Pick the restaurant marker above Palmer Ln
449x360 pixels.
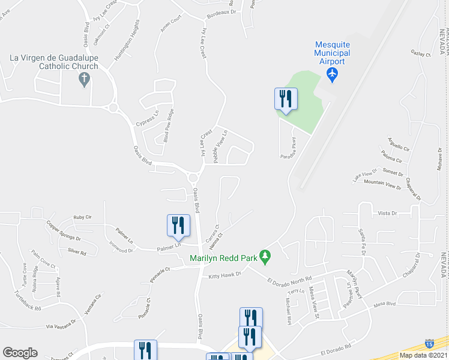pos(178,226)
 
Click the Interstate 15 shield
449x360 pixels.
pos(429,344)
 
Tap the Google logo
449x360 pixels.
pos(20,353)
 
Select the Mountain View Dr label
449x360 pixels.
pos(382,184)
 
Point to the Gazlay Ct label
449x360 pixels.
pos(420,54)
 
